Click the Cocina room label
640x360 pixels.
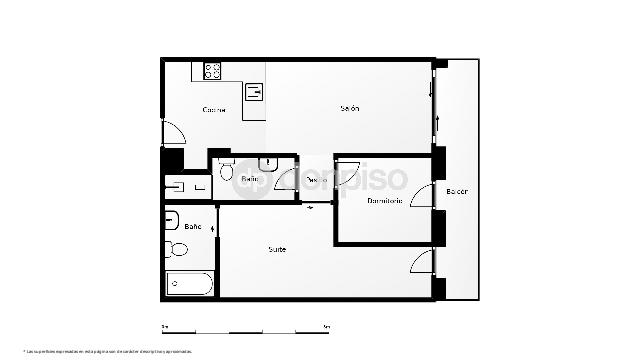point(214,109)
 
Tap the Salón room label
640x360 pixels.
point(349,108)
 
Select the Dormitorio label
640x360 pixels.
point(384,200)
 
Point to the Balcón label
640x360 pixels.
point(457,191)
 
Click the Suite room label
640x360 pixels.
point(277,249)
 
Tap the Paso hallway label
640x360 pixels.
point(316,180)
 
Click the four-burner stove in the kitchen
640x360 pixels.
point(213,70)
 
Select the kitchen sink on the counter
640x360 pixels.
point(255,94)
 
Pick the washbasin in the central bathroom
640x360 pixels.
point(266,163)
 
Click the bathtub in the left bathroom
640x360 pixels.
point(190,283)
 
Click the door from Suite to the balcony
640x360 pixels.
point(423,262)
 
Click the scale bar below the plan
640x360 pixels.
point(245,329)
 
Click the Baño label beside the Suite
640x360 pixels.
point(193,227)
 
